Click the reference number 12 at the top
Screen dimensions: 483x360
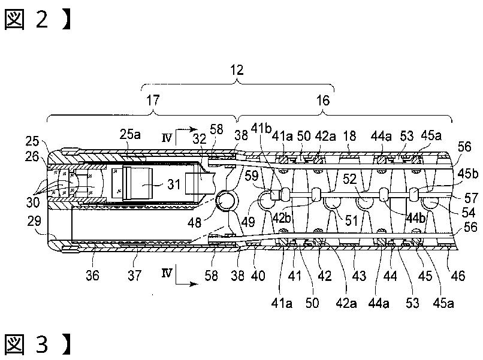pos(237,70)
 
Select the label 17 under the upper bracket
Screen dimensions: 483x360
pos(153,100)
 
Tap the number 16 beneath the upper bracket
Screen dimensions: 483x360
pos(323,101)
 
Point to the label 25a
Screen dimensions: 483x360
pos(130,134)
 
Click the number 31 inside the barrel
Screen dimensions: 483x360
pos(174,184)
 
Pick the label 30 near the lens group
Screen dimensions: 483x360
pos(33,202)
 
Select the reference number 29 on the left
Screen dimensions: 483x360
pos(34,221)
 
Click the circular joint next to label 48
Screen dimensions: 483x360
pos(227,201)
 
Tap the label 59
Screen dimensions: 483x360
pos(251,176)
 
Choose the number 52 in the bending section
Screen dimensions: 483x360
pos(350,179)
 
